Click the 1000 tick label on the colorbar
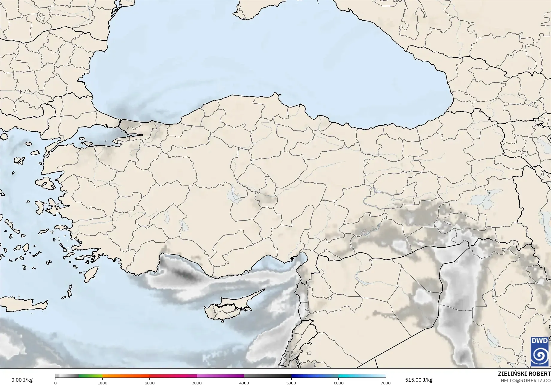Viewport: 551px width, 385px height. click(x=102, y=383)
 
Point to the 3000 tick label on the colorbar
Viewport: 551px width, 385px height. click(x=197, y=383)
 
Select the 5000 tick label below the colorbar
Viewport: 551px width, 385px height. click(x=291, y=383)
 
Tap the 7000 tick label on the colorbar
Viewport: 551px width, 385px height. click(x=385, y=383)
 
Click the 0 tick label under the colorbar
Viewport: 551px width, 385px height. click(x=55, y=383)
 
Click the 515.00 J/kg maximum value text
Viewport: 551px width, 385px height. click(x=419, y=380)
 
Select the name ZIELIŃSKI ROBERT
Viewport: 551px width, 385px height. click(x=524, y=374)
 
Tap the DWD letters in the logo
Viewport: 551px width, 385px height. click(x=540, y=341)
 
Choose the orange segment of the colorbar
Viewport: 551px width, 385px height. click(x=126, y=376)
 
